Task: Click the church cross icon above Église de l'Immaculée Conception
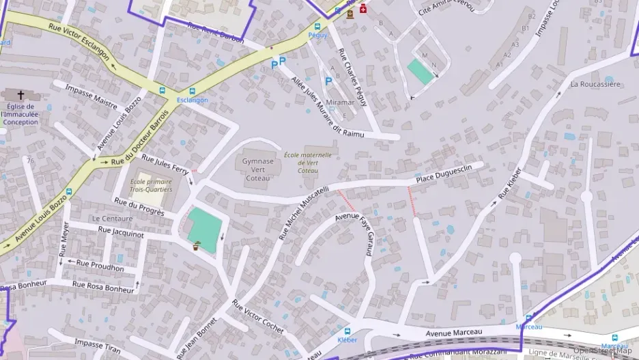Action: pos(20,94)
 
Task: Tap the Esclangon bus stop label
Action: pos(192,100)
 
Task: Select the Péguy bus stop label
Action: pos(317,35)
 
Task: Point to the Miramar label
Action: pos(341,102)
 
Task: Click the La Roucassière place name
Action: pos(595,84)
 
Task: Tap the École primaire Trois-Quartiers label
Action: pos(151,185)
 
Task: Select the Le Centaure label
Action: pos(113,219)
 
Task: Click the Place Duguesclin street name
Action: pos(449,176)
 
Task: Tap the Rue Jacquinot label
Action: pos(121,232)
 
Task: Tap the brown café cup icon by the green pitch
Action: pos(197,245)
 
